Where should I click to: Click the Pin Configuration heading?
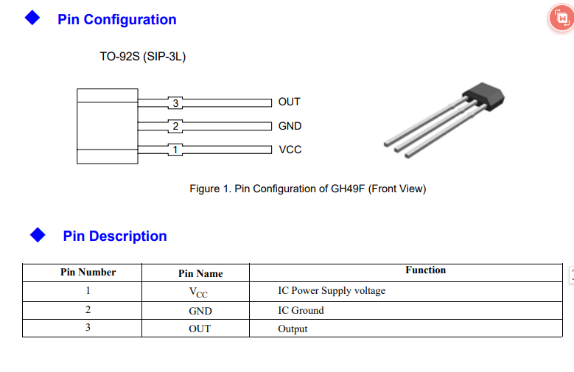(x=117, y=20)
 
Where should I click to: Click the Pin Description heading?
(x=115, y=236)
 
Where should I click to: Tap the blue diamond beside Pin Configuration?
(x=32, y=18)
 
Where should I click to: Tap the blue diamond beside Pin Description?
(x=38, y=235)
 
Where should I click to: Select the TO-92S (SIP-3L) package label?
(x=143, y=57)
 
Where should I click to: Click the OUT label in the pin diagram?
(x=289, y=102)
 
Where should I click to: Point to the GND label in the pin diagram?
(x=290, y=126)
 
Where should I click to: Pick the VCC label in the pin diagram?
(x=290, y=150)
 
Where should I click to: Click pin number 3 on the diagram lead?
(x=175, y=103)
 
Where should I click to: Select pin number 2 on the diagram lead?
(x=175, y=126)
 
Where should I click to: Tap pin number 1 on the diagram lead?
(x=175, y=150)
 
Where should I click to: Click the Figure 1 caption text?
(x=308, y=189)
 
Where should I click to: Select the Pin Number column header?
(x=88, y=273)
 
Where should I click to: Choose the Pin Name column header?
(x=200, y=273)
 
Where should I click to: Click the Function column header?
(x=425, y=270)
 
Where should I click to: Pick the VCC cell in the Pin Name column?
(x=198, y=292)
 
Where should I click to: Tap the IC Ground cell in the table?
(x=301, y=310)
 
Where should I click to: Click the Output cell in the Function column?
(x=293, y=329)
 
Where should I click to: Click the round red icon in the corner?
(x=561, y=18)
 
